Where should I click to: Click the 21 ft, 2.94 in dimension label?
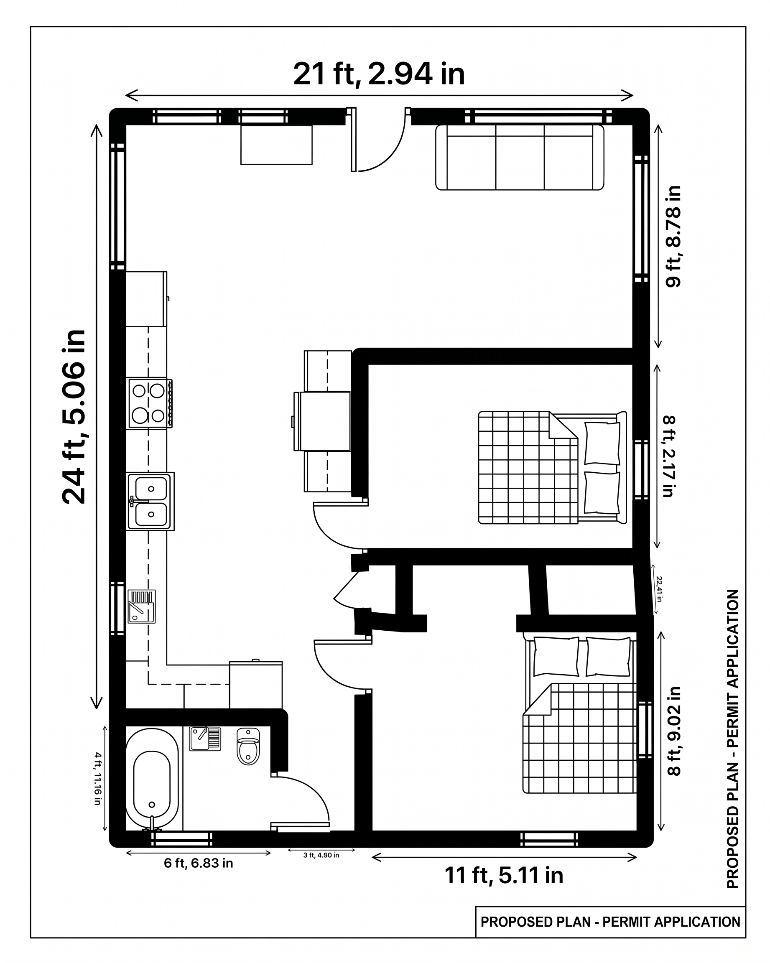coord(379,74)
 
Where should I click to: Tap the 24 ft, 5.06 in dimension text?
coord(74,417)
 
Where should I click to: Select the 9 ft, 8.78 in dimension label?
coord(673,236)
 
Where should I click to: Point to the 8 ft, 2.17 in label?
coord(668,456)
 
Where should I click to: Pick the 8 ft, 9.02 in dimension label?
coord(674,731)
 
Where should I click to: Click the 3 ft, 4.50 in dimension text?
coord(321,855)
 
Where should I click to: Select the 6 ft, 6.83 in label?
coord(198,863)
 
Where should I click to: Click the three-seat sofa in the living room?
coord(520,157)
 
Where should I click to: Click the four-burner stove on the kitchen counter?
coord(150,403)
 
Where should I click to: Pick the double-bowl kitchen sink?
coord(150,501)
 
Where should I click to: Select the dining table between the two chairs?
coord(325,421)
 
